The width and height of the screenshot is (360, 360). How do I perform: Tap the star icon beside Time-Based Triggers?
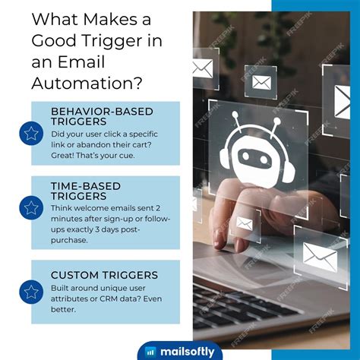tap(31, 207)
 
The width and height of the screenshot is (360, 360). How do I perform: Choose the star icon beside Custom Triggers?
tap(31, 291)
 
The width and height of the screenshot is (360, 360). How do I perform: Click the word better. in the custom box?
tap(64, 310)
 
